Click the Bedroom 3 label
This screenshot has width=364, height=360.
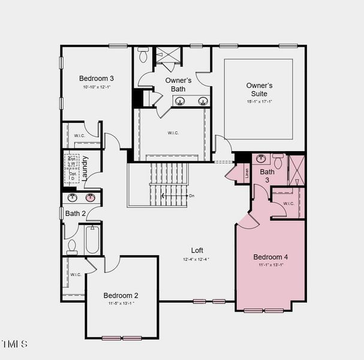(97, 78)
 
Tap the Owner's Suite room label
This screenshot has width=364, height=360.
(259, 89)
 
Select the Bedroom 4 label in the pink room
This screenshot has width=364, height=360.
(270, 257)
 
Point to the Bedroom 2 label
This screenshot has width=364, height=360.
(121, 295)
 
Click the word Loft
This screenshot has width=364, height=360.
(197, 250)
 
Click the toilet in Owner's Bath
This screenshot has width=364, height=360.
(143, 55)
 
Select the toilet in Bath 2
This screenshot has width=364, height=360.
(72, 246)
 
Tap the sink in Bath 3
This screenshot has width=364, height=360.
(261, 159)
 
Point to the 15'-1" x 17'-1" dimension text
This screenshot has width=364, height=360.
(259, 101)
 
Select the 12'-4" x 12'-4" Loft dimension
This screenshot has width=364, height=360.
(197, 259)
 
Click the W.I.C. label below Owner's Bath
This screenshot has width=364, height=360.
(173, 133)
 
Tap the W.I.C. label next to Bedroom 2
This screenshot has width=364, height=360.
(76, 274)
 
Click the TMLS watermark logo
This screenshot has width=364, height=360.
(14, 344)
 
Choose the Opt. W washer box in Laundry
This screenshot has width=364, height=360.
(73, 160)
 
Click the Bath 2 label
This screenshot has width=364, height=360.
(76, 213)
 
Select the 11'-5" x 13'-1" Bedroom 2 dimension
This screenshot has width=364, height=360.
(121, 303)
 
